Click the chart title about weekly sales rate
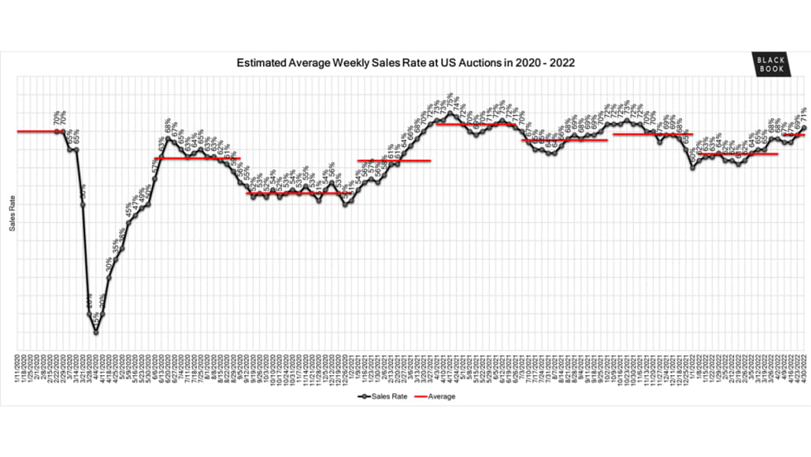(x=405, y=62)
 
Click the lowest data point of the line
(x=96, y=332)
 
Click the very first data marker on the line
(x=57, y=131)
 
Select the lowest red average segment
(x=294, y=194)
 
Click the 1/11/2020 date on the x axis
(x=17, y=363)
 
